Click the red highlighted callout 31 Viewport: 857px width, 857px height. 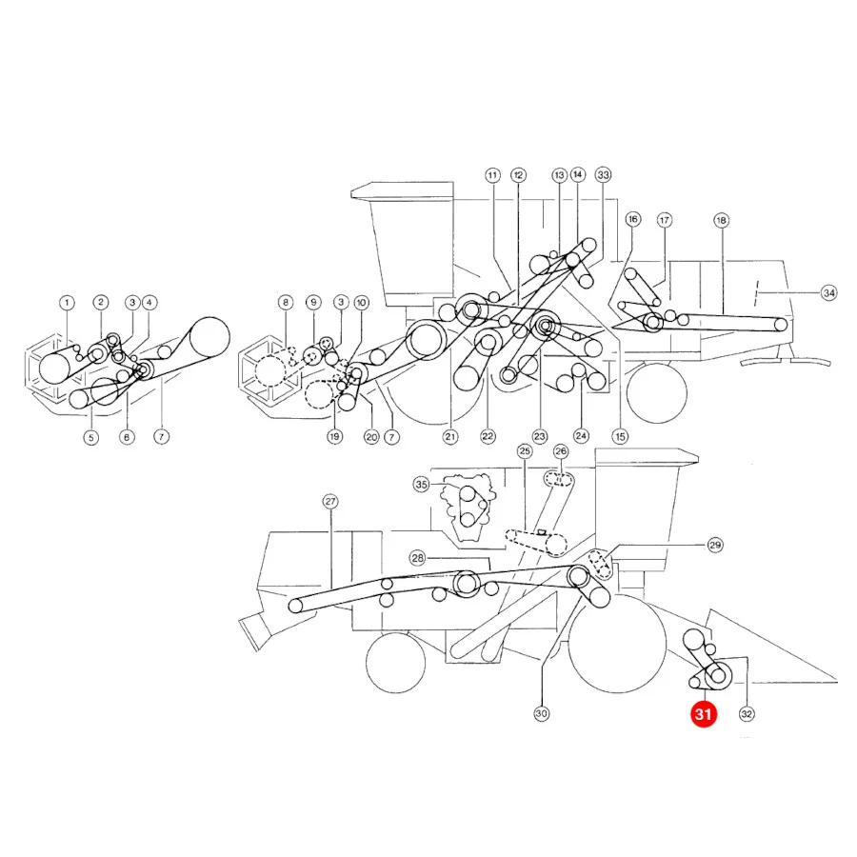click(x=703, y=714)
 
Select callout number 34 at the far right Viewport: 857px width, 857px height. click(x=829, y=293)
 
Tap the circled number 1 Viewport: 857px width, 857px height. click(x=67, y=302)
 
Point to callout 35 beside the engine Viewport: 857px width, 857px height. click(x=422, y=485)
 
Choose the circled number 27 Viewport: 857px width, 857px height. click(x=330, y=502)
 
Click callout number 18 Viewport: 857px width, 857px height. click(x=721, y=220)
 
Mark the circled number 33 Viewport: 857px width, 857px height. click(x=603, y=175)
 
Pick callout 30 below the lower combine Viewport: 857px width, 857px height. click(x=541, y=713)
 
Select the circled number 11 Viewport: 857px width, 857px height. click(x=492, y=175)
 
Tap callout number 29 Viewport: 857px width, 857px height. click(x=715, y=545)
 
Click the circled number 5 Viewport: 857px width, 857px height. click(x=91, y=437)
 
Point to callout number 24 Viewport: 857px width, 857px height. click(x=581, y=435)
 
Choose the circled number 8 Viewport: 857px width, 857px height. click(x=286, y=302)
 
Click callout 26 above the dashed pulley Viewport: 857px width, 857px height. click(x=561, y=451)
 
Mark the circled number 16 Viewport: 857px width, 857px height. click(x=633, y=220)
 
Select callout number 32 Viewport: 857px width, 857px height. click(x=747, y=714)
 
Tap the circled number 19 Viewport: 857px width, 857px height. click(x=334, y=437)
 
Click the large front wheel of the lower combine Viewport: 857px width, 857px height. click(x=618, y=644)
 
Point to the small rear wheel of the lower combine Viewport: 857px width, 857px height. click(x=396, y=663)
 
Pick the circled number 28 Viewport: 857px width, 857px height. click(x=418, y=558)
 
